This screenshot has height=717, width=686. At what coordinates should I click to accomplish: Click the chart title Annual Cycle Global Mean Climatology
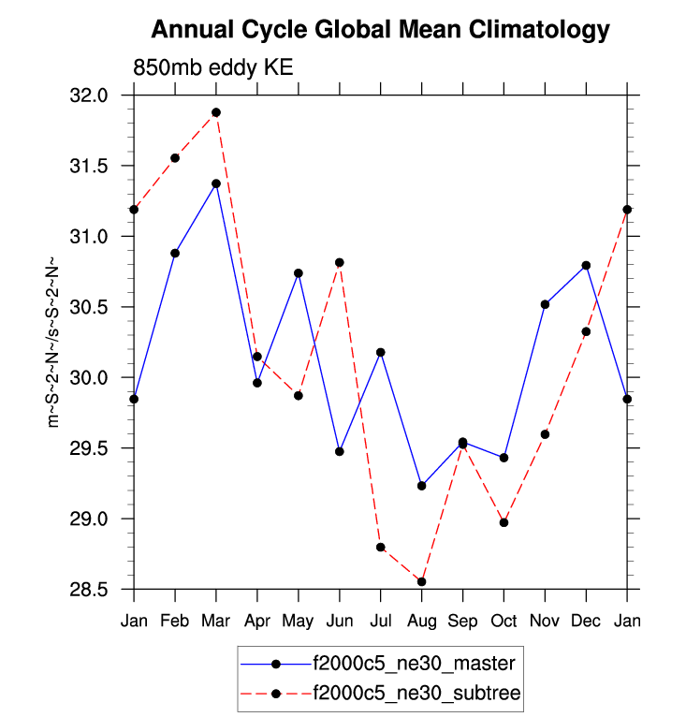pyautogui.click(x=380, y=31)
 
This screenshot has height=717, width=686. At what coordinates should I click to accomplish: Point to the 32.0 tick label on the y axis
pyautogui.click(x=90, y=95)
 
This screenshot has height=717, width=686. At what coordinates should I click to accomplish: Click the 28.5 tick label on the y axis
pyautogui.click(x=90, y=590)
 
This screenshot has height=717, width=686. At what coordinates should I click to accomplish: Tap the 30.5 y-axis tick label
pyautogui.click(x=90, y=307)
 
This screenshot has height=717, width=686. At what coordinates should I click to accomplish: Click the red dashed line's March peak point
pyautogui.click(x=216, y=112)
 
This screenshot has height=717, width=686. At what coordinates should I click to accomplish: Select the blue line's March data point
pyautogui.click(x=216, y=183)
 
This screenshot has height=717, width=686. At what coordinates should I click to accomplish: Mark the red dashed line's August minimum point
pyautogui.click(x=422, y=581)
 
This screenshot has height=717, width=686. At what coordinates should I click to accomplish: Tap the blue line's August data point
pyautogui.click(x=422, y=486)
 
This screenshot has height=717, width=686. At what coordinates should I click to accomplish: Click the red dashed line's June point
pyautogui.click(x=340, y=262)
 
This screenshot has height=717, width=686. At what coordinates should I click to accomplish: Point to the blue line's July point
pyautogui.click(x=381, y=352)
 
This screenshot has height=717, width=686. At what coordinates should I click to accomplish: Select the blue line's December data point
pyautogui.click(x=586, y=265)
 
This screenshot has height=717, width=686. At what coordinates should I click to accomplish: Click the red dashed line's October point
pyautogui.click(x=504, y=522)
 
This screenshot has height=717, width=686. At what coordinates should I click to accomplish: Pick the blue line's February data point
pyautogui.click(x=175, y=253)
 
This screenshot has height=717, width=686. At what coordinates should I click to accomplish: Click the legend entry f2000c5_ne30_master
pyautogui.click(x=414, y=664)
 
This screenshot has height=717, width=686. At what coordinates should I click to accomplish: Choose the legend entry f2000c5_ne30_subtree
pyautogui.click(x=416, y=694)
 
